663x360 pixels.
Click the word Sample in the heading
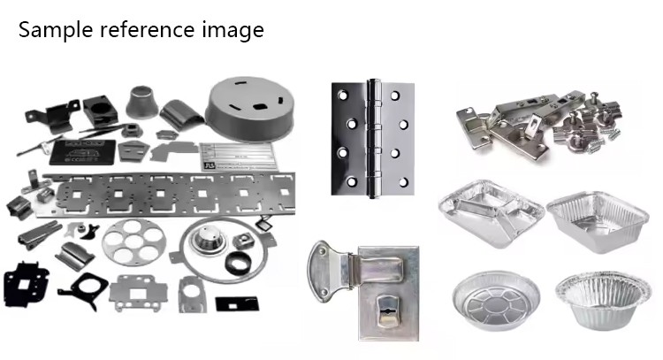[x=56, y=30]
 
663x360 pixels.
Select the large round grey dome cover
[x=250, y=110]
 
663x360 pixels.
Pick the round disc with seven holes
[x=134, y=242]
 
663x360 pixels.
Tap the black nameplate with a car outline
[x=83, y=152]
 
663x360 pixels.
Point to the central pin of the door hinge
[x=373, y=138]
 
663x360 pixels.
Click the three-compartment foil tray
[x=491, y=213]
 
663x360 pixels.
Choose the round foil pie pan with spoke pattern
[x=496, y=300]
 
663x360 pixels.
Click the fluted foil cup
[x=603, y=300]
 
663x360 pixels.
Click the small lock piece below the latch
[x=388, y=311]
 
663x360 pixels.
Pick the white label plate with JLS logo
[x=238, y=157]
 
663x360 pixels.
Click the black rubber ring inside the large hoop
[x=238, y=263]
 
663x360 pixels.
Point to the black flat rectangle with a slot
[x=237, y=303]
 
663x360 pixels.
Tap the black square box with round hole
[x=100, y=111]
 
